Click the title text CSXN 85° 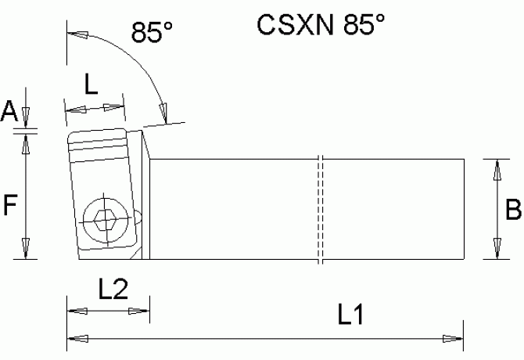coord(321,25)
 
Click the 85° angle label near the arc coord(153,33)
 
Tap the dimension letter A coord(9,111)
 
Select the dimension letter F coord(9,206)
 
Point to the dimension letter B coord(513,210)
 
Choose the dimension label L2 coord(113,291)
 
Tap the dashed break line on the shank coord(321,210)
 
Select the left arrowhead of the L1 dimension coord(77,338)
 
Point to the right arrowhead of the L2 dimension coord(142,311)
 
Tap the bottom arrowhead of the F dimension coord(27,250)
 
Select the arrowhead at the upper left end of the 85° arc coord(75,34)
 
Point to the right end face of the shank coord(464,209)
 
